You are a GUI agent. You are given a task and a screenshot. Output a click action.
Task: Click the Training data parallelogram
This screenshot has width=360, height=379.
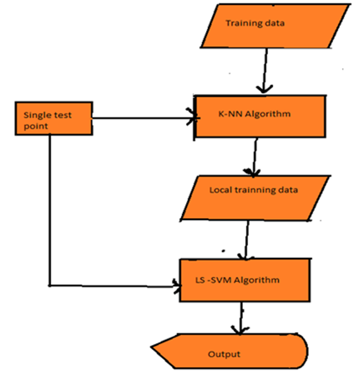(x=275, y=26)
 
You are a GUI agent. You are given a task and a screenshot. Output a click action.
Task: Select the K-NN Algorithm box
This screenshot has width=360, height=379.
(x=260, y=117)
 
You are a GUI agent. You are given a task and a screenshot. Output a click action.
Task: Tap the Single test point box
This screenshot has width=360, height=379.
(x=54, y=118)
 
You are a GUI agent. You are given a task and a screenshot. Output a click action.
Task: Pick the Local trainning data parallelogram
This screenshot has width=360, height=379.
(x=255, y=198)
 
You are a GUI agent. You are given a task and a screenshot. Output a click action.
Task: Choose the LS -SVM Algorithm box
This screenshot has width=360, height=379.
(x=245, y=280)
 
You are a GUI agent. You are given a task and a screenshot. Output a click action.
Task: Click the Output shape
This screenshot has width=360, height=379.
(x=229, y=351)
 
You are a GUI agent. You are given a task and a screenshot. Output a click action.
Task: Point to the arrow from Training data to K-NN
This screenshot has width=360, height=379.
(x=265, y=71)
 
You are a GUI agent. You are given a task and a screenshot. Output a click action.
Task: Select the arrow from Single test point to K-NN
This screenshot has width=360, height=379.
(x=146, y=118)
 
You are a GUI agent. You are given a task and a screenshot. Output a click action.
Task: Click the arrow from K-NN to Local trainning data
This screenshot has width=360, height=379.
(x=254, y=157)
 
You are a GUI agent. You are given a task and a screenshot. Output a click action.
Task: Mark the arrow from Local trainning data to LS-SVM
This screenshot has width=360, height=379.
(x=247, y=240)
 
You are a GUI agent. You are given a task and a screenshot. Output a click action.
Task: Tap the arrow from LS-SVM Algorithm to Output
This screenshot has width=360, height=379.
(x=241, y=318)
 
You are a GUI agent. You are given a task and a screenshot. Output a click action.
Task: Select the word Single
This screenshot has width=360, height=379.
(x=37, y=115)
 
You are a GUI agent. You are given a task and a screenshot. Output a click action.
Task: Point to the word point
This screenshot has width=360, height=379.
(x=36, y=126)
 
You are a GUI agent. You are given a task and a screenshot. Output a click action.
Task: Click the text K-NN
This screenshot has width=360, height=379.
(x=230, y=114)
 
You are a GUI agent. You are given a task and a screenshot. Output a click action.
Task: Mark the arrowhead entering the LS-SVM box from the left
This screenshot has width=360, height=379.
(x=177, y=286)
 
